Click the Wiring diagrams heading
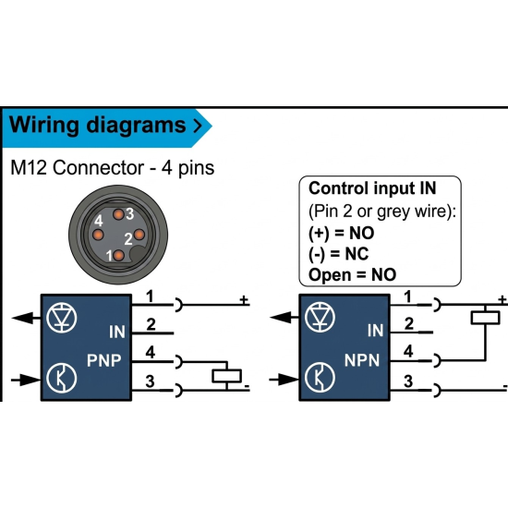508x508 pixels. [97, 126]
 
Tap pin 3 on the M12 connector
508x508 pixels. [118, 214]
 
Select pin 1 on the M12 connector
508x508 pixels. [118, 255]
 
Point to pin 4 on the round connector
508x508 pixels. [98, 235]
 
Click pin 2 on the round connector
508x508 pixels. [139, 235]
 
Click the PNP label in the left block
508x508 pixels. [104, 360]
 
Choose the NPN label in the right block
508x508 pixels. [362, 360]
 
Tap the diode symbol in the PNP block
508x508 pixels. [62, 318]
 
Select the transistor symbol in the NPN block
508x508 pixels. [320, 378]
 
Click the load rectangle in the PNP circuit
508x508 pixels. [227, 376]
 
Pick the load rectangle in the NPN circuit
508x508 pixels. [485, 318]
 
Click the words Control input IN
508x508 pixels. [372, 188]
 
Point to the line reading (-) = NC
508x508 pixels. [338, 254]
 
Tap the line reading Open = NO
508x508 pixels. [352, 274]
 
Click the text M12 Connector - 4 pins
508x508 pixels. [113, 168]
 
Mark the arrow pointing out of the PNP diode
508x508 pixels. [26, 318]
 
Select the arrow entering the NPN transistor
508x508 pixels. [284, 380]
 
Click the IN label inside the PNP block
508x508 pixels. [117, 332]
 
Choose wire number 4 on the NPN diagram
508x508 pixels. [408, 351]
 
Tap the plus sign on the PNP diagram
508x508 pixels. [244, 300]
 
